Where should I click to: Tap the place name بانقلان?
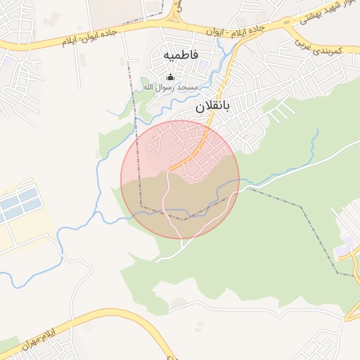[x=212, y=108]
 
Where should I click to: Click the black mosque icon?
[x=169, y=77]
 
